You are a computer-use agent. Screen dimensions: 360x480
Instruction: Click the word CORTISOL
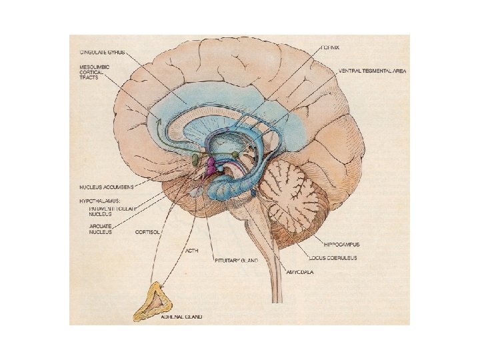click(x=148, y=232)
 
